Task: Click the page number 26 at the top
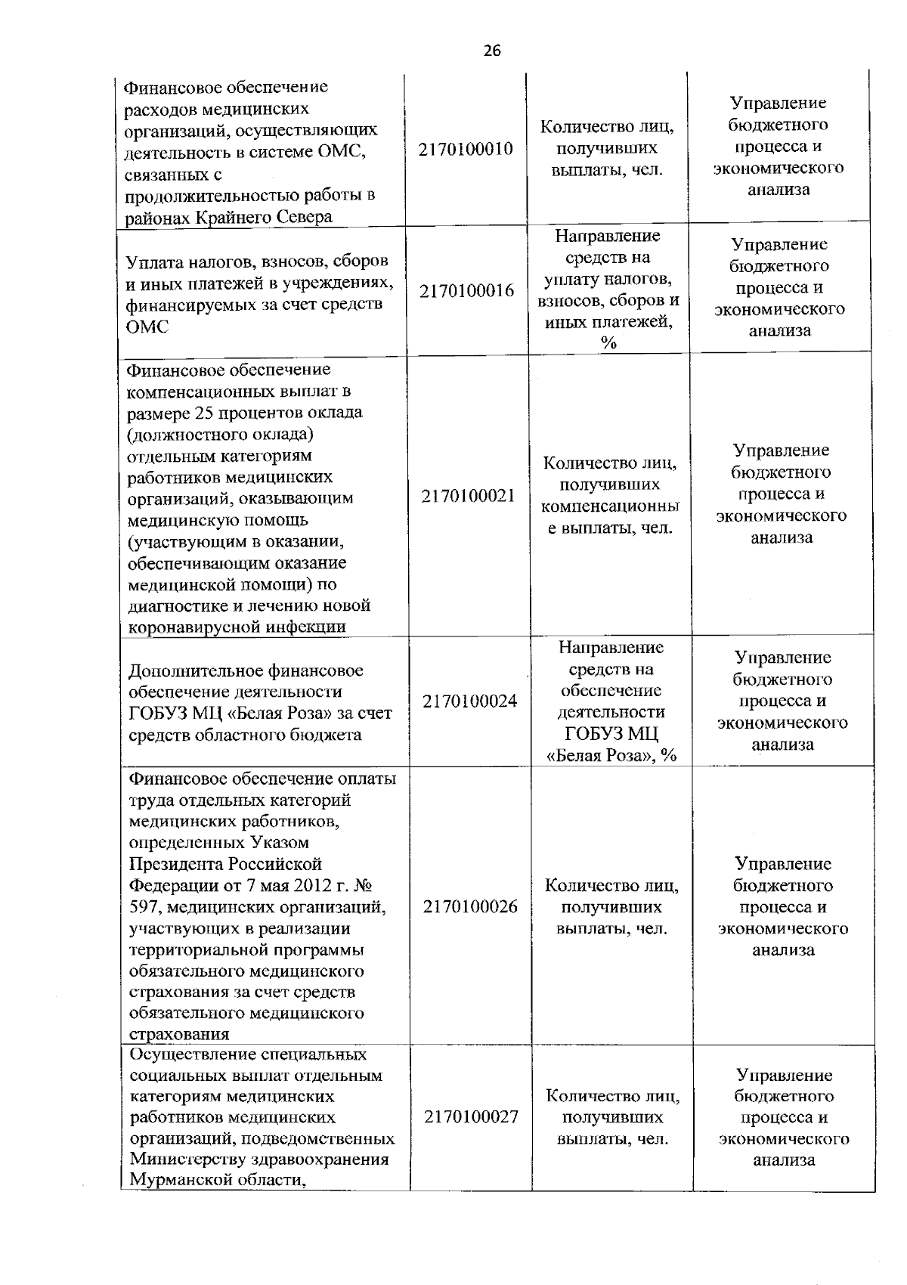pos(491,51)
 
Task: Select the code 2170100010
pos(466,149)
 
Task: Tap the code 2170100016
pos(466,291)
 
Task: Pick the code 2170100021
pos(469,496)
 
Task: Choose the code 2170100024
pos(470,701)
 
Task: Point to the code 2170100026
pos(470,906)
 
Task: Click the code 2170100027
pos(471,1117)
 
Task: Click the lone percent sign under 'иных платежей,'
pos(608,343)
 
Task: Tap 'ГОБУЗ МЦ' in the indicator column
pos(611,733)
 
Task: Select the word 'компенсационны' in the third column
pos(610,505)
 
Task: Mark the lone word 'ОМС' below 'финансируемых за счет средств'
pos(147,327)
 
